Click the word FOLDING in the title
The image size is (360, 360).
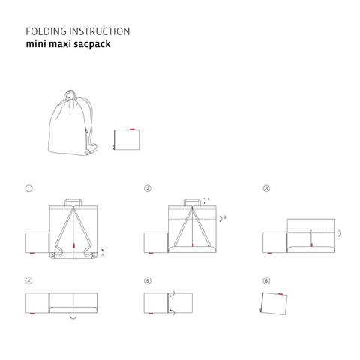point(46,31)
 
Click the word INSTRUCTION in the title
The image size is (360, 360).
point(100,31)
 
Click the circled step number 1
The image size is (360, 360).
point(28,188)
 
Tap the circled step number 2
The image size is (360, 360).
point(148,188)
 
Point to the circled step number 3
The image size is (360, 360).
point(266,188)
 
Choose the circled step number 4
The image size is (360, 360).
point(28,280)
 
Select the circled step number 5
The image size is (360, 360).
point(148,280)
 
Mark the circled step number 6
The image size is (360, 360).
point(266,280)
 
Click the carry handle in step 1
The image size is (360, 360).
point(73,199)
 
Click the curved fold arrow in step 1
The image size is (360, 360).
point(103,252)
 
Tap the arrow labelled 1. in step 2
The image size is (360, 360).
point(205,201)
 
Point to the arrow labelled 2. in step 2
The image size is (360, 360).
point(221,219)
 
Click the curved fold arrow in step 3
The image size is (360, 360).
point(340,233)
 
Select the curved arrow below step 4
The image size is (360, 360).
point(73,318)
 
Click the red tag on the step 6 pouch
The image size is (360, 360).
point(280,294)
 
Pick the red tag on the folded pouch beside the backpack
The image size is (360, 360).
point(132,130)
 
